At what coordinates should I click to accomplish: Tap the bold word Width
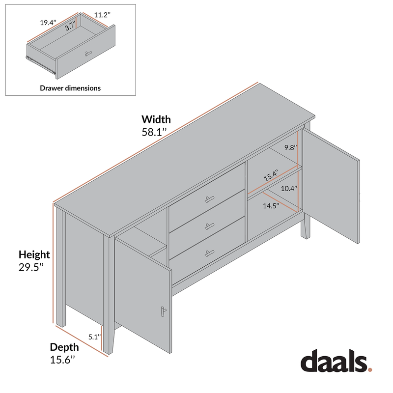pyautogui.click(x=156, y=119)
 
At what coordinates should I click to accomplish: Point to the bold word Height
pyautogui.click(x=34, y=254)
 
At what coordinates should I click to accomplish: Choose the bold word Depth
pyautogui.click(x=64, y=347)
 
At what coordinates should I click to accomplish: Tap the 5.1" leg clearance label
pyautogui.click(x=95, y=337)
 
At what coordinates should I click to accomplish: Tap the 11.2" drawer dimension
pyautogui.click(x=101, y=15)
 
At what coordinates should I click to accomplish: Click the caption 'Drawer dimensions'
pyautogui.click(x=70, y=88)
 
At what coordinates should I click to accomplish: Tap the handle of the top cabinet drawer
pyautogui.click(x=210, y=199)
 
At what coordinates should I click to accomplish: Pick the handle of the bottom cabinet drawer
pyautogui.click(x=210, y=253)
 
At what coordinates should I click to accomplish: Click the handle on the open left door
pyautogui.click(x=164, y=310)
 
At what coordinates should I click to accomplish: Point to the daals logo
pyautogui.click(x=336, y=362)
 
